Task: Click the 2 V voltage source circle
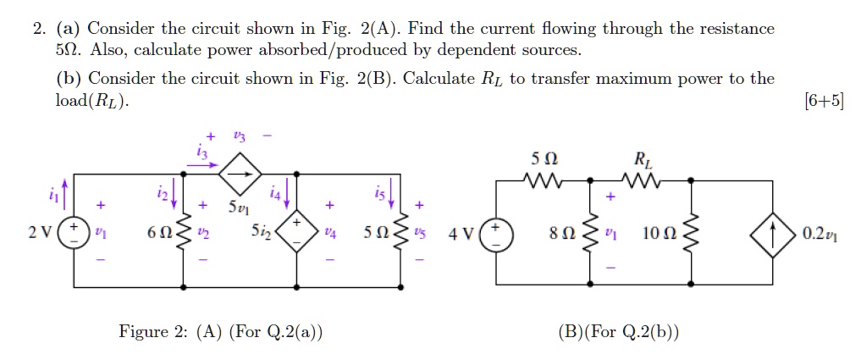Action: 74,233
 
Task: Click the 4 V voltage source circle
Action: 497,233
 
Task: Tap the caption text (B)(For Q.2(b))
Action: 618,331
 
